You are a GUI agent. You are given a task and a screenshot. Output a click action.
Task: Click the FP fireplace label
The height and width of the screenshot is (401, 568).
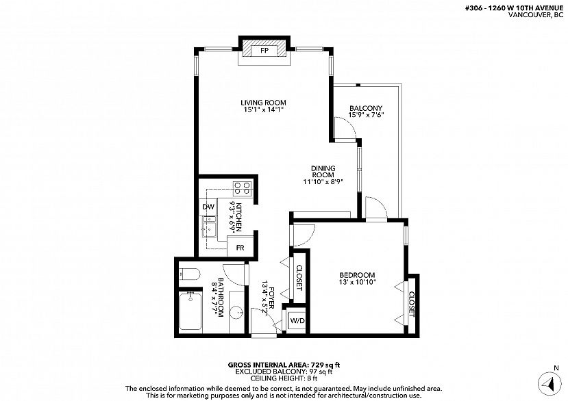point(264,51)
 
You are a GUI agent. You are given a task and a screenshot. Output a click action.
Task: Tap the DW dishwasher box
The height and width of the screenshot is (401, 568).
point(208,207)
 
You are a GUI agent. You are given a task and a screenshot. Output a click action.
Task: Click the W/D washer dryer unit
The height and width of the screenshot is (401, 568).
point(298,321)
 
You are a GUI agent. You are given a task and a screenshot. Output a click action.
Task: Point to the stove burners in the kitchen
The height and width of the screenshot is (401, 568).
point(243,188)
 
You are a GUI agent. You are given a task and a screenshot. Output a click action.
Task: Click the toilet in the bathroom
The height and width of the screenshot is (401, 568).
point(189,274)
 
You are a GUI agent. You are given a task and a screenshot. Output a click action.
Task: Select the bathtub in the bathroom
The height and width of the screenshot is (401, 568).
point(190,311)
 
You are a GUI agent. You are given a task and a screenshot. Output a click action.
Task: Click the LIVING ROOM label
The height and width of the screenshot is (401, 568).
point(263,103)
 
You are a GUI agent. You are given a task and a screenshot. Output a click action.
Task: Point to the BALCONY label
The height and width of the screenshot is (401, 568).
point(366,108)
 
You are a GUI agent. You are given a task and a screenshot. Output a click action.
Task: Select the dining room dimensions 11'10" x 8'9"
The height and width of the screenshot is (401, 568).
point(323,181)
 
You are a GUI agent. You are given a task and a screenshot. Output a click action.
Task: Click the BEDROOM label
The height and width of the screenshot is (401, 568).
point(357,274)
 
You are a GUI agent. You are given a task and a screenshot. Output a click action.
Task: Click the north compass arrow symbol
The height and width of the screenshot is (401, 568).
point(550,384)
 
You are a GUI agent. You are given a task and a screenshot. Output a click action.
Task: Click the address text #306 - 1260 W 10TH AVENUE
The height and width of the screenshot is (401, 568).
point(514,8)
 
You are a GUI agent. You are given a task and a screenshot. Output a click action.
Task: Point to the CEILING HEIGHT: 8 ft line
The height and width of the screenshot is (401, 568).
point(284,378)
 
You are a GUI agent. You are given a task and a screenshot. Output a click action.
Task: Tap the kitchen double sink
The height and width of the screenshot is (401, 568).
point(209,227)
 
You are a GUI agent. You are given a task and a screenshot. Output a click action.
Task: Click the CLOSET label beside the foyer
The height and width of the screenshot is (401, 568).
point(299,278)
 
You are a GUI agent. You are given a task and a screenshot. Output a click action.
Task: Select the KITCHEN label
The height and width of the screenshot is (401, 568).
point(238,217)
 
